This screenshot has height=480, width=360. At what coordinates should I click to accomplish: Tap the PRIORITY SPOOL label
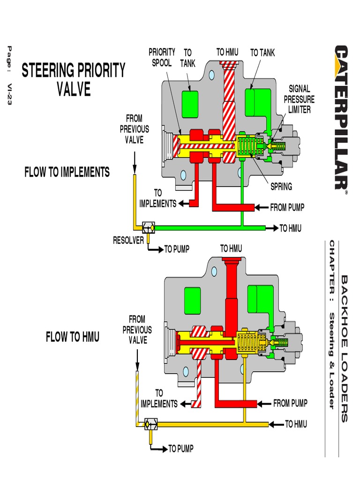point(162,57)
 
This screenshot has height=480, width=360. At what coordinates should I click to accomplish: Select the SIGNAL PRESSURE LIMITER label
point(299,99)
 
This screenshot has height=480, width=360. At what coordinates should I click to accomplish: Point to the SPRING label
point(281,187)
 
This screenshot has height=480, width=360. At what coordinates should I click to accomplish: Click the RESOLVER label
point(128,240)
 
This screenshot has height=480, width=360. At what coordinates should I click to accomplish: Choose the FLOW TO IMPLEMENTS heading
point(67,172)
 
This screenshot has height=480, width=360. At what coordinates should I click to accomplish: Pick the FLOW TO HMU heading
point(73,337)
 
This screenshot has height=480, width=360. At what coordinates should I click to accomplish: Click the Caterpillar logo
point(341,117)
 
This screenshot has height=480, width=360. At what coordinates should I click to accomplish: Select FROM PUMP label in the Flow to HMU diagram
point(291,403)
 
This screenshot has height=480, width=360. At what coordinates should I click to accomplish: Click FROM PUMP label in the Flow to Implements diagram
point(287,207)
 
